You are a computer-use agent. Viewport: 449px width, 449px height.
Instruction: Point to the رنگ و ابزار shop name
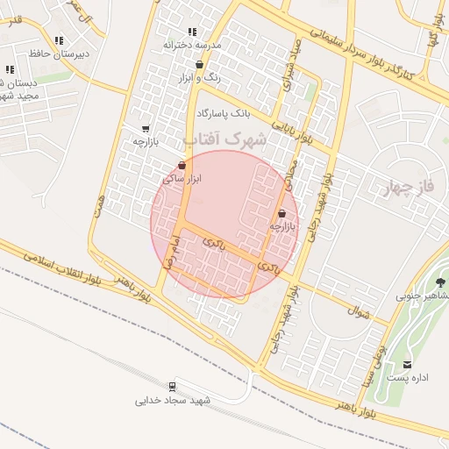click(198, 78)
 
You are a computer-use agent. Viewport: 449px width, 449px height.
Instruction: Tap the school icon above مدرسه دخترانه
click(192, 32)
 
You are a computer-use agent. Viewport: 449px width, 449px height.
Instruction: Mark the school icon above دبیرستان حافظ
click(59, 40)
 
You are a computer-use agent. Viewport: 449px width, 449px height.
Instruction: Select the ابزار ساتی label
click(182, 178)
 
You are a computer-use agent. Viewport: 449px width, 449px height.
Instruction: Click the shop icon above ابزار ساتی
click(182, 165)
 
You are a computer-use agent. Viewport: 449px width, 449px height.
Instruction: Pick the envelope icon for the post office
click(407, 365)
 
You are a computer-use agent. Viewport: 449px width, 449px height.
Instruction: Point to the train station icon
click(172, 386)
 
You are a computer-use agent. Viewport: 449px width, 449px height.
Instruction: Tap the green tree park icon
click(440, 282)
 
